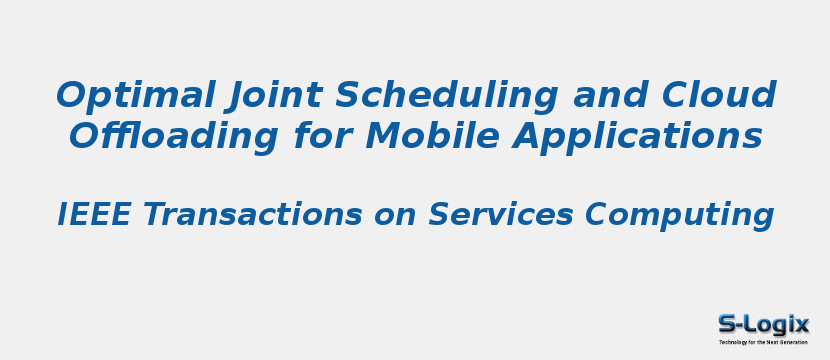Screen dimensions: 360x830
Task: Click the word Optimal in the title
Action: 135,96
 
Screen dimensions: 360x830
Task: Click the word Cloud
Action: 719,96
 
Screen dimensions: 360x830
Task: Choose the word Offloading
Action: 175,137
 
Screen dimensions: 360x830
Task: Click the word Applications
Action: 638,137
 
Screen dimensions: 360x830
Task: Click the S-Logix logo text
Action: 763,324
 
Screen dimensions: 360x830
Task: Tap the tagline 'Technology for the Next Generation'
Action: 763,342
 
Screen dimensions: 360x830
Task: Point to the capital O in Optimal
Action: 71,96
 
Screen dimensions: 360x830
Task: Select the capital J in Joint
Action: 237,97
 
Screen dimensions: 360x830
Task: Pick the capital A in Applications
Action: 528,137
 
